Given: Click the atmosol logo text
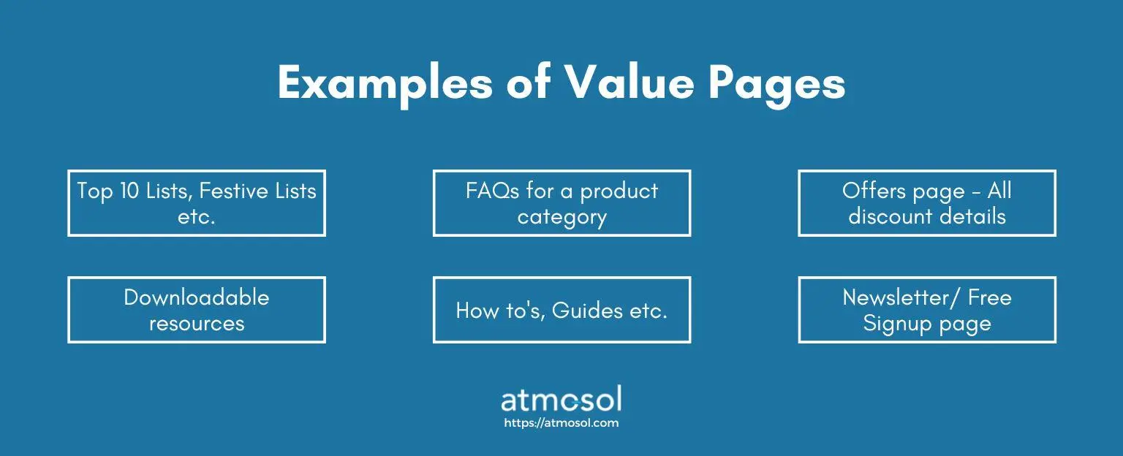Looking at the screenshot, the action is tap(561, 400).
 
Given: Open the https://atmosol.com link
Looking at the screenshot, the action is tap(561, 423).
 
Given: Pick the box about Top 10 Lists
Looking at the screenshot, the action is tap(197, 203).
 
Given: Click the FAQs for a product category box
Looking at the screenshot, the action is tap(561, 203).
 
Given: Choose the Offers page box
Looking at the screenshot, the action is tap(927, 203).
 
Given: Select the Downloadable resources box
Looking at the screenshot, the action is tap(197, 310).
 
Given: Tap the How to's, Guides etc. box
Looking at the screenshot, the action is tap(561, 310).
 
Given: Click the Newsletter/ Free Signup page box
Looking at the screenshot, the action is tap(927, 310).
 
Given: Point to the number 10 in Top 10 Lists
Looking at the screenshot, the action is tap(129, 191).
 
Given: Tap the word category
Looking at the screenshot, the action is tap(562, 218).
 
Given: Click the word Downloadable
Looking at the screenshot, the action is tap(197, 297).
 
